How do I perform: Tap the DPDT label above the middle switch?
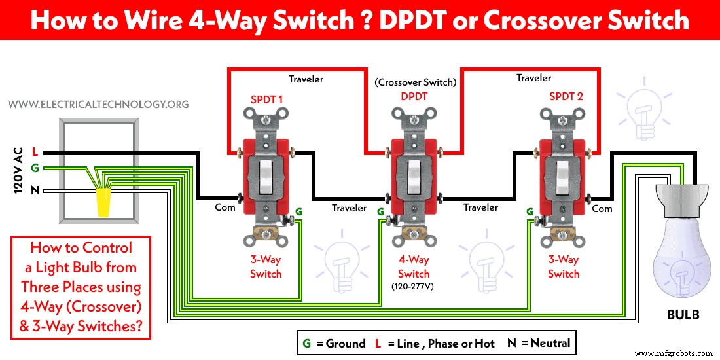[414, 96]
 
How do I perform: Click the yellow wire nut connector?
[103, 202]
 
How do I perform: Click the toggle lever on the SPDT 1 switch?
[266, 178]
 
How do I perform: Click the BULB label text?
[682, 315]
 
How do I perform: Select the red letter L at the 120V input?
[33, 153]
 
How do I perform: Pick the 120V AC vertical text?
[18, 170]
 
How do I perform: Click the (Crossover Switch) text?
[415, 82]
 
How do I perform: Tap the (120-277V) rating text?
[414, 287]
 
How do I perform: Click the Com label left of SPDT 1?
[225, 207]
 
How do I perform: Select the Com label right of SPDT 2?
[602, 208]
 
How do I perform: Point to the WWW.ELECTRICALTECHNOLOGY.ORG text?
[98, 104]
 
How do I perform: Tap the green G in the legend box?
[306, 343]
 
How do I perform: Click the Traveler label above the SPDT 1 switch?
[306, 79]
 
